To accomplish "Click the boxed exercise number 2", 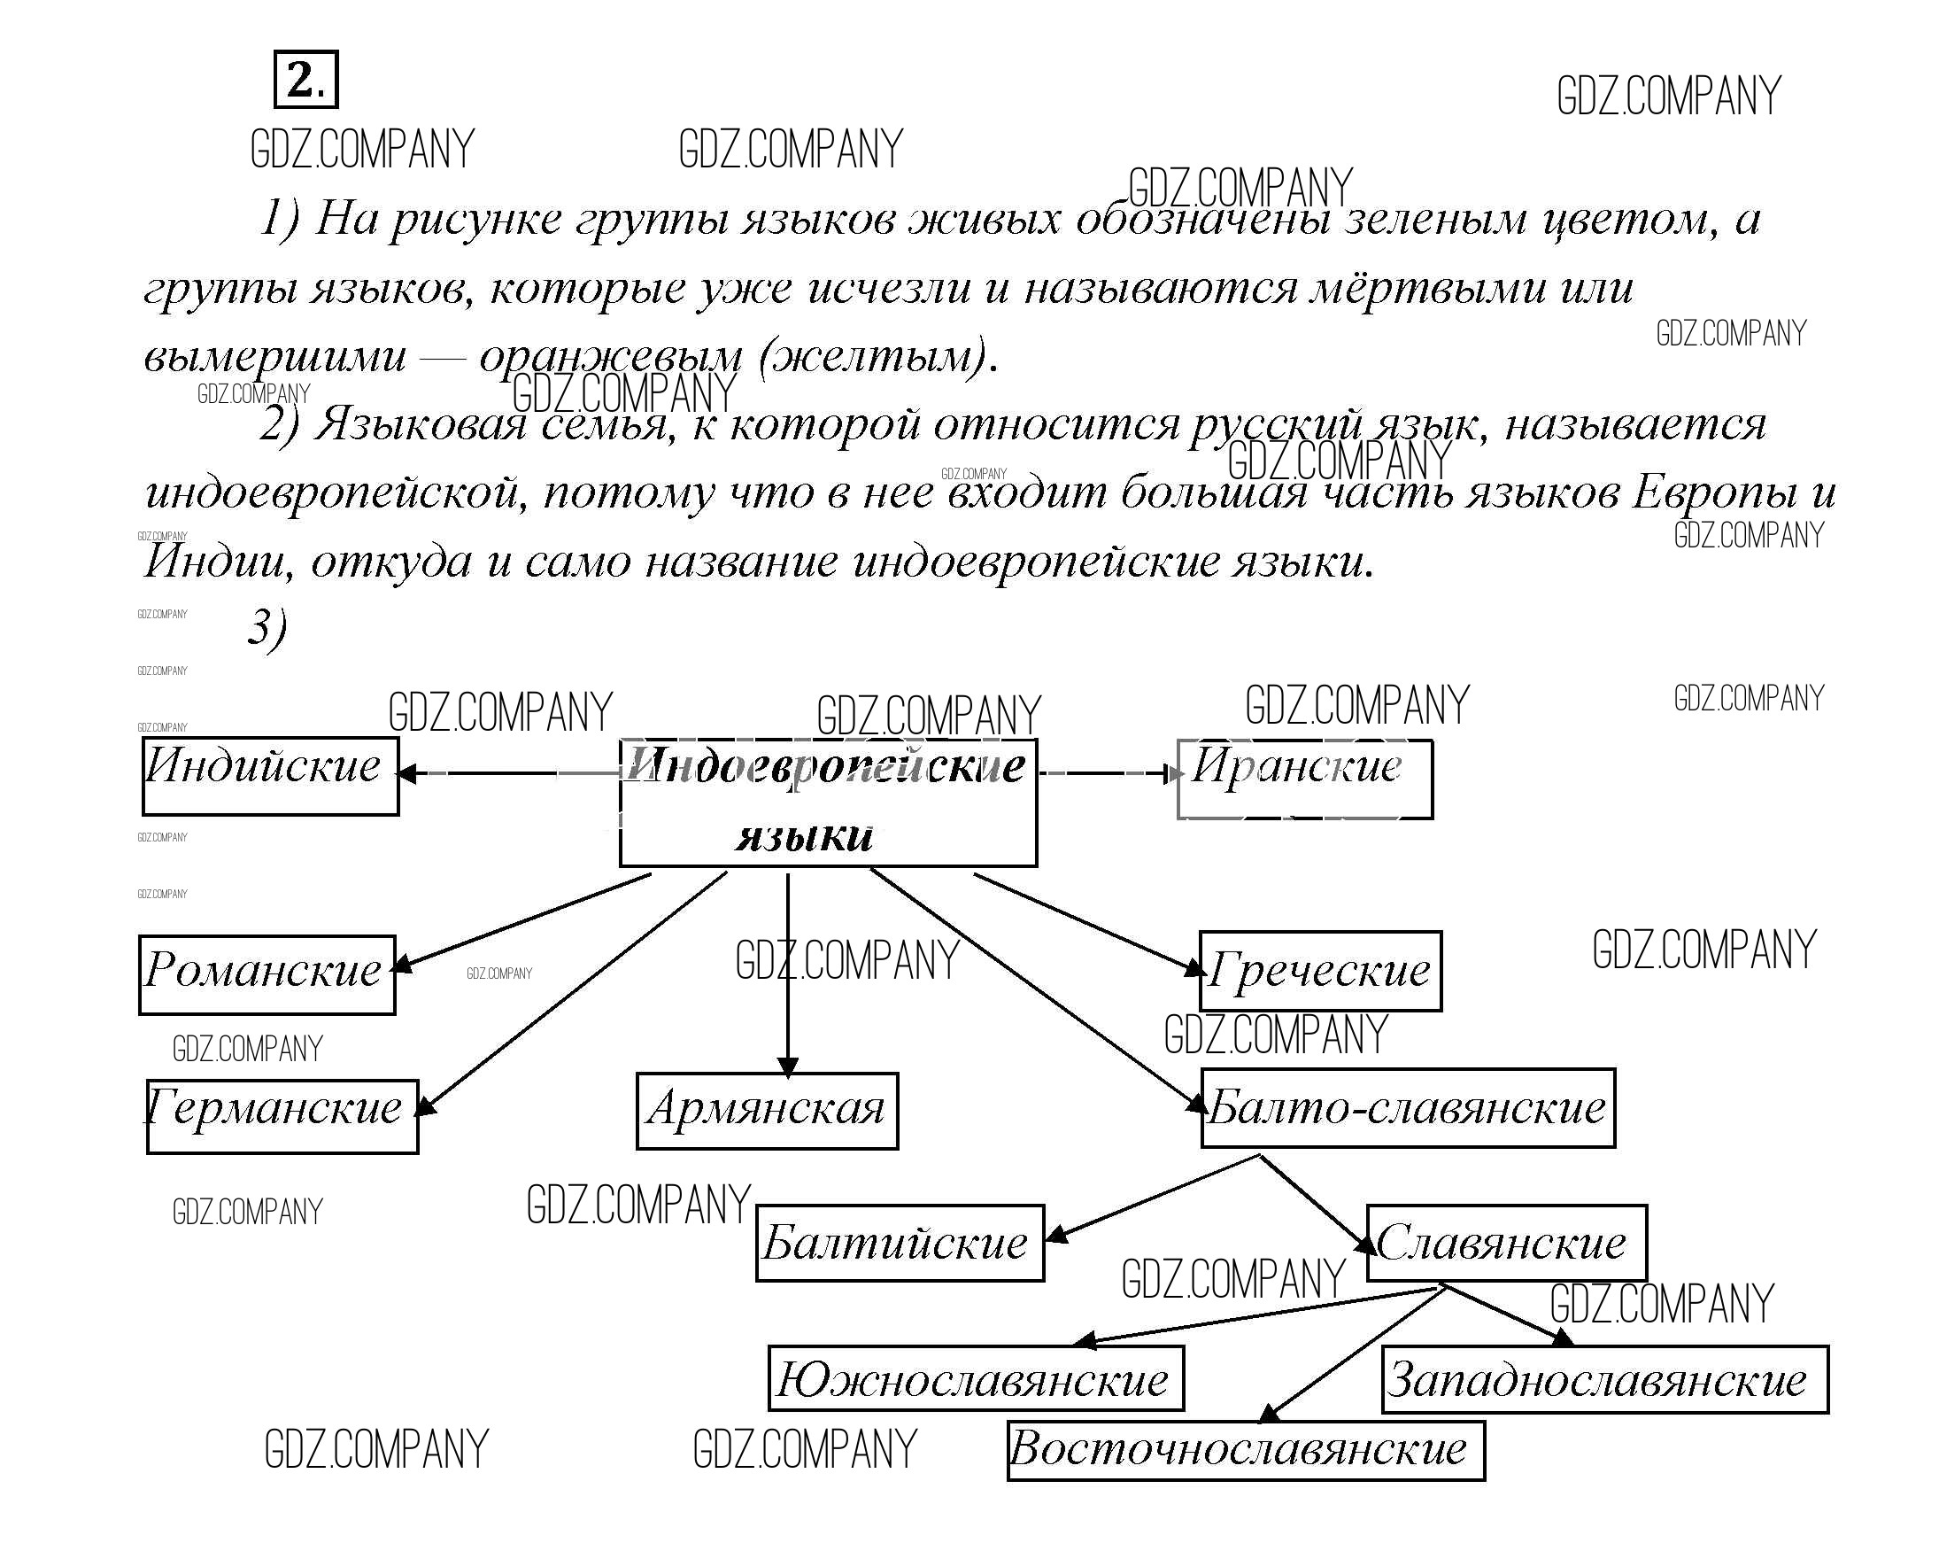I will (305, 80).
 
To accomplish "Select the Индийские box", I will (270, 776).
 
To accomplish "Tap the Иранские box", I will (1304, 779).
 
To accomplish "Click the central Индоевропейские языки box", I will (828, 803).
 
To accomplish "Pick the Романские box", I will (267, 975).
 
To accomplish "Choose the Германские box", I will (282, 1116).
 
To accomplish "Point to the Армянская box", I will (766, 1111).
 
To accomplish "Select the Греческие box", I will (1320, 972).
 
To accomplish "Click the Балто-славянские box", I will (1408, 1108).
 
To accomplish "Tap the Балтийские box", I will (900, 1244).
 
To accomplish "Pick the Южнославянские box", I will (975, 1379).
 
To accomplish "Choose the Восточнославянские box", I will (1246, 1450).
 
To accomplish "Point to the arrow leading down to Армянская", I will (788, 972).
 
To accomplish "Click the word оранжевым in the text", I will (611, 358).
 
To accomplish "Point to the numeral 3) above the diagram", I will (267, 627).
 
